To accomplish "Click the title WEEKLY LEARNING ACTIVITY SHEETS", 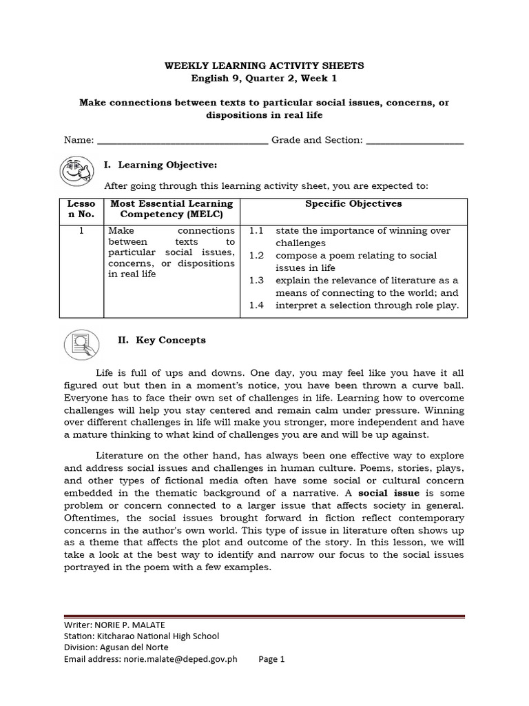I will point(264,65).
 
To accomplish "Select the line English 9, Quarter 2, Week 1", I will point(264,78).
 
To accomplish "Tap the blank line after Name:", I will point(183,141).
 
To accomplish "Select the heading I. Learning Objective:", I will point(160,165).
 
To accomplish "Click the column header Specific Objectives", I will point(353,204).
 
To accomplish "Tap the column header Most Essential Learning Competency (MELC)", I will point(172,210).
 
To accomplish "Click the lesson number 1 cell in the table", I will point(81,231).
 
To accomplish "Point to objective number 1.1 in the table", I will point(256,231).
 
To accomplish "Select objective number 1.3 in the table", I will point(256,281).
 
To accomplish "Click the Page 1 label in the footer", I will point(271,659).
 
